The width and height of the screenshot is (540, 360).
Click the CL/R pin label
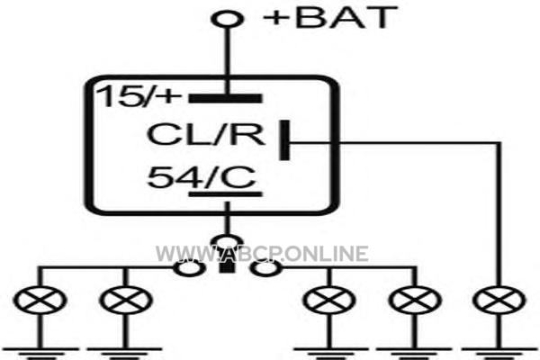click(206, 134)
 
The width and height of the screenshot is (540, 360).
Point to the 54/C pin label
click(202, 177)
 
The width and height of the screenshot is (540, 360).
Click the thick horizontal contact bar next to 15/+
click(226, 98)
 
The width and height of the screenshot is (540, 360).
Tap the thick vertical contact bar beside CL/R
click(284, 140)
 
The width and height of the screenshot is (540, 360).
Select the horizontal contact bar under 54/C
click(226, 194)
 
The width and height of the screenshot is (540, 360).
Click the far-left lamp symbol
click(40, 300)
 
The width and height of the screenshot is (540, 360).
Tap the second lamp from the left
click(126, 300)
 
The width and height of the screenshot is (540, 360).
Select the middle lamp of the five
click(329, 300)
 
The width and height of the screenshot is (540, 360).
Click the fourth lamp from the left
click(415, 300)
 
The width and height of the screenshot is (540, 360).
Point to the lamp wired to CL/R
click(499, 300)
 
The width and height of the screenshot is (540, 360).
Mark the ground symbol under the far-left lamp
click(40, 353)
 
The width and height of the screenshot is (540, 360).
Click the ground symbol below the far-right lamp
click(499, 353)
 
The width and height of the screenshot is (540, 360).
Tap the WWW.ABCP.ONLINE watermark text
click(262, 254)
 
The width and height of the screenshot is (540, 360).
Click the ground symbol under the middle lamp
click(329, 353)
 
